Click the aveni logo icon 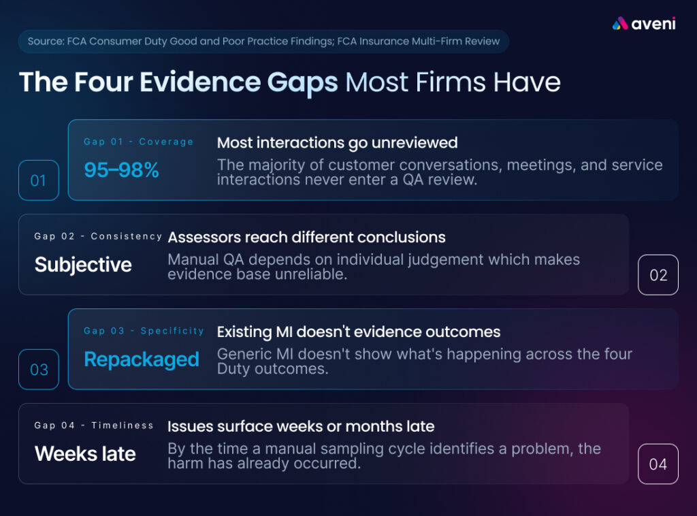(619, 24)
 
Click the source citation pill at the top (263, 42)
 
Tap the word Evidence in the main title (200, 82)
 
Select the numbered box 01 (39, 180)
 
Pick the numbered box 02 (658, 274)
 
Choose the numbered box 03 (39, 370)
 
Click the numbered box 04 (658, 464)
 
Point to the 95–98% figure (121, 170)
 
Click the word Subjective (83, 265)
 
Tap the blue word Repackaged (142, 359)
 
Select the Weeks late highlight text (85, 454)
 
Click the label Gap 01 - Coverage (139, 142)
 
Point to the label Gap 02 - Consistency (98, 236)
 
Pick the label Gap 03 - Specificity (144, 331)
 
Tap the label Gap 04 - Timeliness (94, 425)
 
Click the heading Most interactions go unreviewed (338, 143)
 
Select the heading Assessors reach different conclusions (307, 238)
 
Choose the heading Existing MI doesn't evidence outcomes (359, 332)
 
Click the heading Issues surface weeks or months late (301, 427)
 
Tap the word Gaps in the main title (302, 84)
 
